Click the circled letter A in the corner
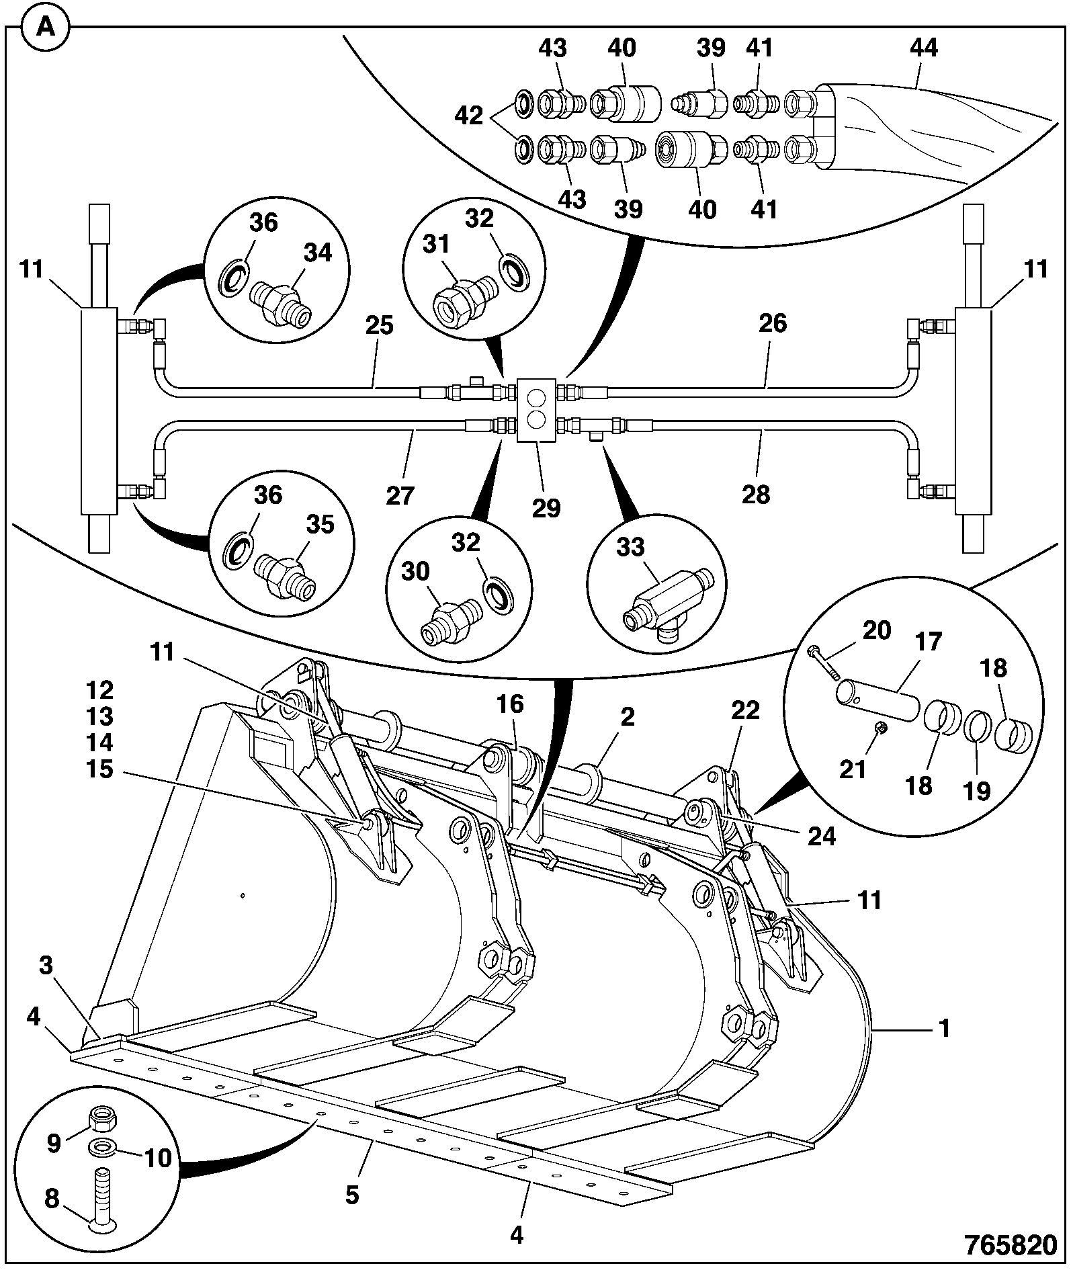point(46,28)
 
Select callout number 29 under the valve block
point(546,508)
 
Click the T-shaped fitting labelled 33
point(666,601)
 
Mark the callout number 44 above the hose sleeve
point(923,48)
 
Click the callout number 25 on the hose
point(380,326)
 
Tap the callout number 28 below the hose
point(756,495)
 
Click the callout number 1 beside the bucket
point(944,1029)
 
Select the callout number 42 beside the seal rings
point(469,116)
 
